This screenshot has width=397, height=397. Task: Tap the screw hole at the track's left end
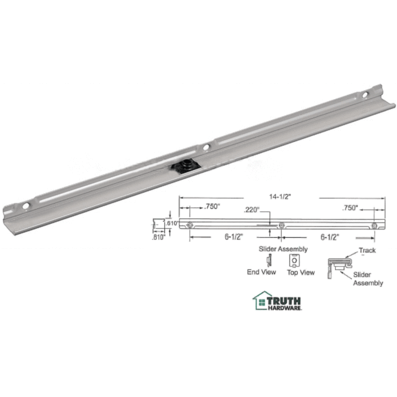pos(26,206)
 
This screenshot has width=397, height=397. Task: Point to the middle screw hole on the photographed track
pos(206,147)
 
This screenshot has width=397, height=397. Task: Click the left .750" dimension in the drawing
pos(212,207)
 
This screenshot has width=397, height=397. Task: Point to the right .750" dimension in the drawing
pos(350,209)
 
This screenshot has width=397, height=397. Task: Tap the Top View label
pos(301,272)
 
